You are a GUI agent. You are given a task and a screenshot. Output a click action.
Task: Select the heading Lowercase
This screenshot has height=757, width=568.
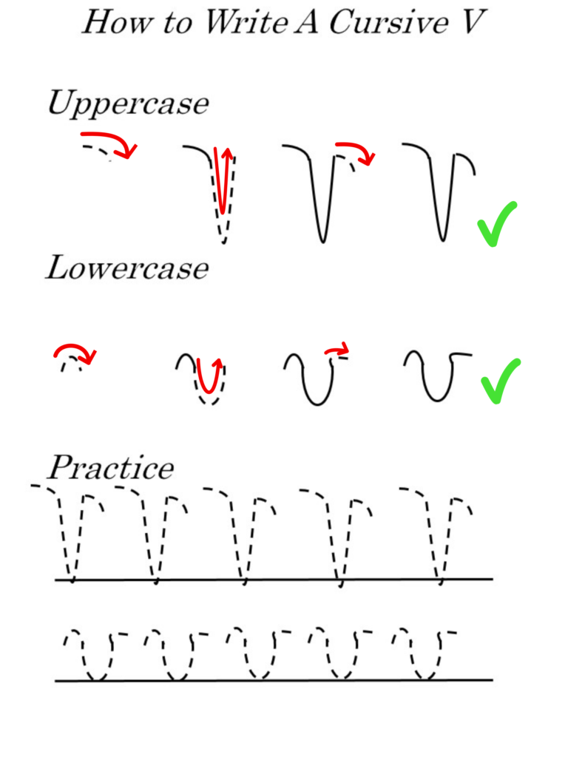pos(126,268)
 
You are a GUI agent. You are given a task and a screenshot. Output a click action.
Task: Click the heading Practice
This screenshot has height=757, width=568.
pos(111,468)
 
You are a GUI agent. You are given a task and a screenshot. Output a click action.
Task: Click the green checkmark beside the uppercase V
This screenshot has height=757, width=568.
pos(497,224)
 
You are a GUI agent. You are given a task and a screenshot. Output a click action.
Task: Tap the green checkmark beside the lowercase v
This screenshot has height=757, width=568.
pos(500,381)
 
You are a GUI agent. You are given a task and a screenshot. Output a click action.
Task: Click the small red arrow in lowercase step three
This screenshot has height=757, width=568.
pos(337,349)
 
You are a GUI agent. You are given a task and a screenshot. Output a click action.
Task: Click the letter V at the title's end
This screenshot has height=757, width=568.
pos(470,23)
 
